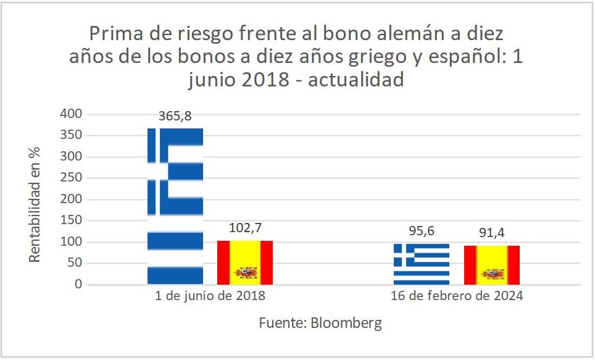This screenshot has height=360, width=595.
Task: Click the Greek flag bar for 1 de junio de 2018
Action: click(x=175, y=206)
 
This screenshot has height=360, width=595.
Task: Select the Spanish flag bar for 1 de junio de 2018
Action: click(x=245, y=262)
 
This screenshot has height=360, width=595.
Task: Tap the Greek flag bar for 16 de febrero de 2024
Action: click(x=422, y=264)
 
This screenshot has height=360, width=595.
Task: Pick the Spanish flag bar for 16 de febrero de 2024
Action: click(x=492, y=265)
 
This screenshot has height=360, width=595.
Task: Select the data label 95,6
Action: click(x=422, y=231)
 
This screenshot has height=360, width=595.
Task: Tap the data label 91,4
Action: click(x=492, y=233)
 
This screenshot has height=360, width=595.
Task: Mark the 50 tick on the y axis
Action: click(x=75, y=263)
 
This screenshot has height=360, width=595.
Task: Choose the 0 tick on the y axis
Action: click(x=78, y=285)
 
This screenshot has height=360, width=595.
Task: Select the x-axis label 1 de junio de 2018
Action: click(x=210, y=296)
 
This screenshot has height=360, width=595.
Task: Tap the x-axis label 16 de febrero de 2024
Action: click(x=457, y=296)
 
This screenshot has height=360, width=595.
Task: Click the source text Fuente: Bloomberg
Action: click(x=320, y=323)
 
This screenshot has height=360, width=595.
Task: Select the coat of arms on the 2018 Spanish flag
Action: click(x=245, y=273)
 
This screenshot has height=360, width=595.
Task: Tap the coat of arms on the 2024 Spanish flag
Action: click(x=493, y=274)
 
